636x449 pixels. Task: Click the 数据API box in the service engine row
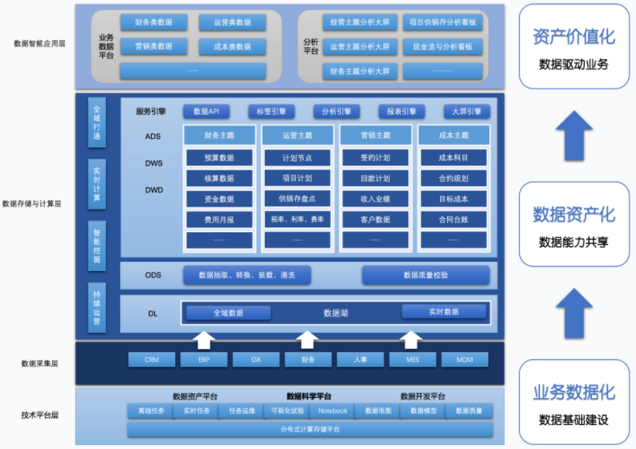[206, 111]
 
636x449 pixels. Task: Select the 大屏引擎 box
[466, 111]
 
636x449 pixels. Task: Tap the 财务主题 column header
[219, 135]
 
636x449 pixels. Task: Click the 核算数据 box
[219, 178]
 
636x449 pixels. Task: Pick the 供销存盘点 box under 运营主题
[297, 199]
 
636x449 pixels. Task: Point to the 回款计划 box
[376, 178]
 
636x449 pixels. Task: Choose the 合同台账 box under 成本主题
[453, 220]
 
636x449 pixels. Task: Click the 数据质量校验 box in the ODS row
[425, 275]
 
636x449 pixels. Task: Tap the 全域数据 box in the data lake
[229, 313]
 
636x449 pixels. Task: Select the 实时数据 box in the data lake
[443, 311]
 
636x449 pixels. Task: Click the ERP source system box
[203, 359]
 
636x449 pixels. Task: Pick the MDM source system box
[464, 359]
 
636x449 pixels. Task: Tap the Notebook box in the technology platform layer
[333, 411]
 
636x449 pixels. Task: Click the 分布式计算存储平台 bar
[310, 429]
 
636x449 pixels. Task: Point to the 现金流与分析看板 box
[442, 47]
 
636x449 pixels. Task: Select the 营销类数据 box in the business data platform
[153, 46]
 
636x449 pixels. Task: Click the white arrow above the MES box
[411, 339]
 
